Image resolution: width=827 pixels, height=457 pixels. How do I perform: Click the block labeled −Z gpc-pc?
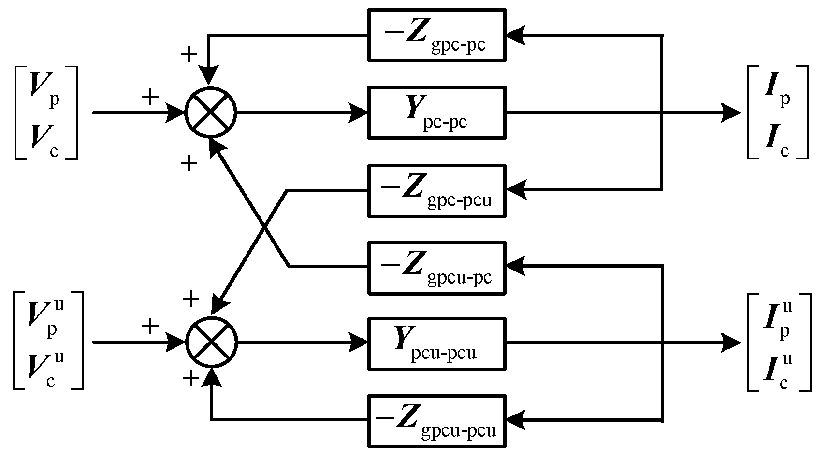tap(436, 35)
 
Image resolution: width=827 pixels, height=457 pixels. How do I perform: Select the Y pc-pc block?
tap(436, 112)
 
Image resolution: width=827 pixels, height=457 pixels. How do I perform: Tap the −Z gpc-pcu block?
tap(436, 190)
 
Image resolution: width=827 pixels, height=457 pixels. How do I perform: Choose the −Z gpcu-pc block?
tap(436, 268)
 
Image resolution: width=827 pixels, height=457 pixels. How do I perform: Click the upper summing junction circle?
tap(211, 112)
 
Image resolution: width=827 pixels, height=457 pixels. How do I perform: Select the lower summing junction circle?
tap(211, 342)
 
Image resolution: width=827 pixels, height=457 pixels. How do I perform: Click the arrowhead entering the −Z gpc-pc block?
tap(515, 35)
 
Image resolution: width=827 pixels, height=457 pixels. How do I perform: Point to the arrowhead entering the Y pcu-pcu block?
tap(359, 343)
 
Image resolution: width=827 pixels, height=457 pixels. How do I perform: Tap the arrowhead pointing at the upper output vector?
tap(731, 113)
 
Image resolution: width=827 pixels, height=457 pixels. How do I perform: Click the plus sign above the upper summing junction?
tap(189, 54)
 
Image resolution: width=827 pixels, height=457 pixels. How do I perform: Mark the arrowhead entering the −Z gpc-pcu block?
tap(515, 190)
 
